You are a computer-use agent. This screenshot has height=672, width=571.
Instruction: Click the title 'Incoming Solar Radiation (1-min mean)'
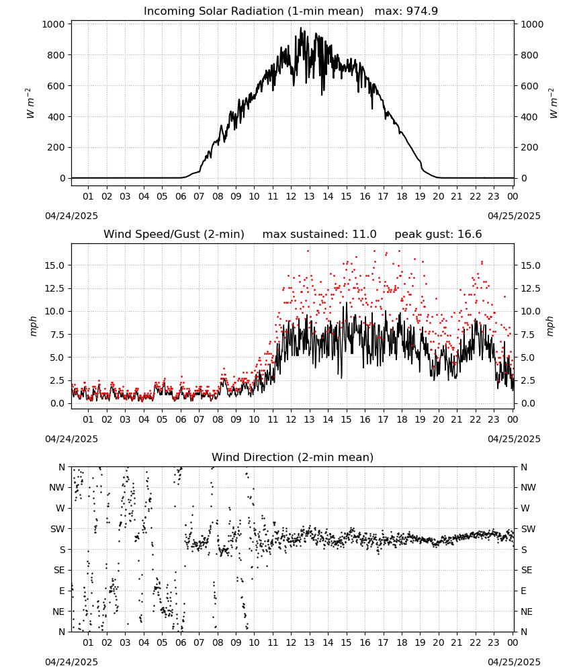(x=253, y=11)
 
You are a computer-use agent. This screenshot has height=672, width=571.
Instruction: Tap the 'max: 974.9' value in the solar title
(x=406, y=11)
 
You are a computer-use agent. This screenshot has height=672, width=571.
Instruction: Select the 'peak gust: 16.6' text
(x=438, y=234)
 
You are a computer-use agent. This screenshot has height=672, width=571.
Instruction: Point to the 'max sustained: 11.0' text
(x=320, y=234)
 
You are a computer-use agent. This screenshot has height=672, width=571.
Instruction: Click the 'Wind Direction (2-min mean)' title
(x=293, y=457)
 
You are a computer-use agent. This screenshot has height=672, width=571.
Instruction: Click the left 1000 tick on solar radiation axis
(x=54, y=24)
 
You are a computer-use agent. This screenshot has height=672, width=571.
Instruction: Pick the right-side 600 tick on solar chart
(x=529, y=86)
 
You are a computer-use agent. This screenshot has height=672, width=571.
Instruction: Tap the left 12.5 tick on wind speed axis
(x=55, y=288)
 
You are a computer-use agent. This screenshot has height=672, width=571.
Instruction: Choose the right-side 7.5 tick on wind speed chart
(x=528, y=334)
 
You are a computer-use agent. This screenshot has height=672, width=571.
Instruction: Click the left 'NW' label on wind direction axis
(x=57, y=488)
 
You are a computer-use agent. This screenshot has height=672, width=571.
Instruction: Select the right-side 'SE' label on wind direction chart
(x=527, y=570)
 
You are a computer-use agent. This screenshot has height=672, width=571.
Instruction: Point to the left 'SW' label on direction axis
(x=58, y=529)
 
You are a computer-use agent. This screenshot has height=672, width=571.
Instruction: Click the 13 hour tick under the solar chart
(x=309, y=196)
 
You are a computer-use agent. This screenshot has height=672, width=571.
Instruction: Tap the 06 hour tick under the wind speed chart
(x=181, y=419)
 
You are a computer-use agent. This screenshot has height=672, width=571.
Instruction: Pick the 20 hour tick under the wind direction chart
(x=438, y=642)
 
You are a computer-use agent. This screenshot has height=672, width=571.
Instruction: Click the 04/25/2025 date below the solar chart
(x=514, y=216)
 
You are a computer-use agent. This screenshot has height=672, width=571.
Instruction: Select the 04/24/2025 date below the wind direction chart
(x=71, y=662)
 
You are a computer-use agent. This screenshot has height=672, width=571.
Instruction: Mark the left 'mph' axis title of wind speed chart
(x=34, y=326)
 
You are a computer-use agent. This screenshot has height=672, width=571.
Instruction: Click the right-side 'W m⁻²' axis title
(x=553, y=103)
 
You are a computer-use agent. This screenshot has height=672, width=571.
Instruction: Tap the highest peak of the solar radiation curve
(x=301, y=28)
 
